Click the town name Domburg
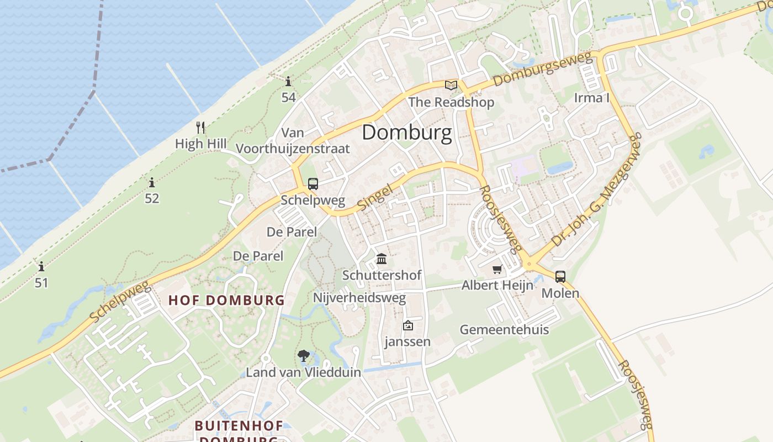407,133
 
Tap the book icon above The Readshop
451,85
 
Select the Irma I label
592,98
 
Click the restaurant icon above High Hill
200,128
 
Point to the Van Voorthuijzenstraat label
293,140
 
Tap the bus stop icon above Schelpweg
313,183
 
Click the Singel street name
375,197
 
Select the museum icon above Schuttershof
382,259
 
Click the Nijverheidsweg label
359,298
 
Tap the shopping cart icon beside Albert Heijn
497,269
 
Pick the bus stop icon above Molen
560,276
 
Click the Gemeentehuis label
504,330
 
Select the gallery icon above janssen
408,325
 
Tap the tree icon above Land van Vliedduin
303,356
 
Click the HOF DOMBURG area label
226,301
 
